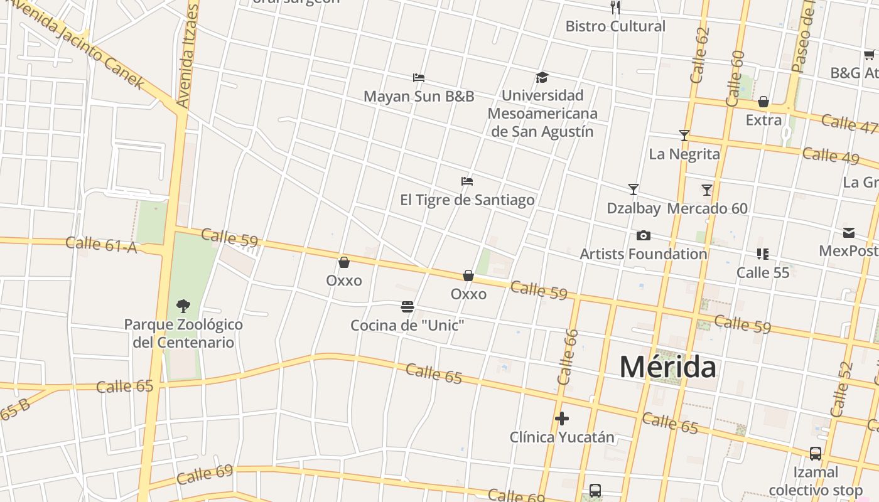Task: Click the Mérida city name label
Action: point(667,367)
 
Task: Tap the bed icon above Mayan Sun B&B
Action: point(419,78)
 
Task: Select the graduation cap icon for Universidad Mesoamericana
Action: point(542,77)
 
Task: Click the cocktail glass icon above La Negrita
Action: point(684,136)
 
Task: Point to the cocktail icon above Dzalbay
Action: point(634,189)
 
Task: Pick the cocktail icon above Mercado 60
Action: point(707,190)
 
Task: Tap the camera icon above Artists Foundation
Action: point(643,236)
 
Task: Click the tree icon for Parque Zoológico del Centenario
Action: point(183,306)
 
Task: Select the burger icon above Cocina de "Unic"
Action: point(407,307)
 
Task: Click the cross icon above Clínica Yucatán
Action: point(562,419)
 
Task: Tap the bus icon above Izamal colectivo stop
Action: point(815,454)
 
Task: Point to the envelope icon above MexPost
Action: point(849,233)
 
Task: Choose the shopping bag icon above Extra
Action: point(763,102)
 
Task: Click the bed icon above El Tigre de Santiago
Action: point(466,181)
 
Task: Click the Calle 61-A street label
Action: point(100,244)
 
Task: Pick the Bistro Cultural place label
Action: point(615,26)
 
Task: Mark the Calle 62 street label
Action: point(699,55)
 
